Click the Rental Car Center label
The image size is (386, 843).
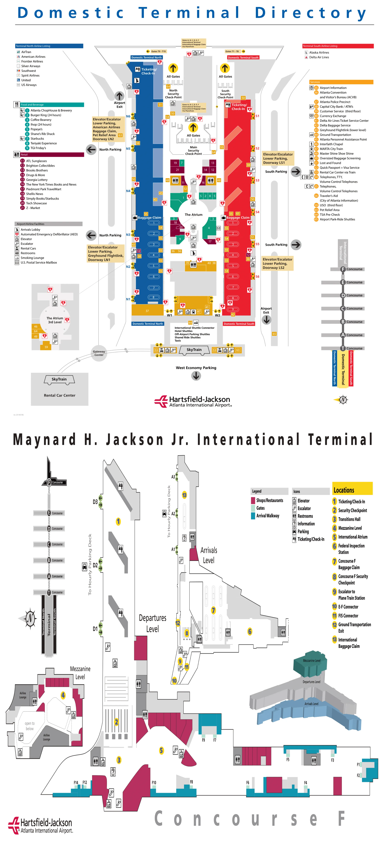tap(59, 395)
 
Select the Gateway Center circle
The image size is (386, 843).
tap(99, 353)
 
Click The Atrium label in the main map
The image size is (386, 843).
tap(194, 215)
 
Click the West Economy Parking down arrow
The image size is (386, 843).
tap(196, 376)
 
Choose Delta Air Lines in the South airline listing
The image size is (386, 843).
tap(319, 57)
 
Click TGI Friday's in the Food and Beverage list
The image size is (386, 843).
tap(38, 148)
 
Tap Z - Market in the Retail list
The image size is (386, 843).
tap(33, 208)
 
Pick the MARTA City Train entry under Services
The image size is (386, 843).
tap(331, 149)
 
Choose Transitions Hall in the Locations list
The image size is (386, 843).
tap(349, 519)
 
